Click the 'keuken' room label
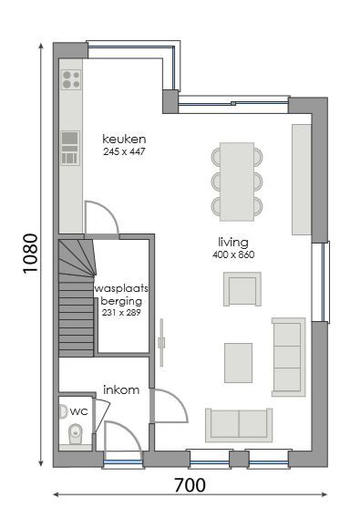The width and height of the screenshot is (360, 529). click(124, 139)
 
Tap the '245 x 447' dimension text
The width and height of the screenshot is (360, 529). click(124, 151)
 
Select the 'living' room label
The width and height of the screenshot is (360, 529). click(233, 242)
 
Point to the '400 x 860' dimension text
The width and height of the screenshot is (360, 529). click(233, 254)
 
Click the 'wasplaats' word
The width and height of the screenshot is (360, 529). click(121, 288)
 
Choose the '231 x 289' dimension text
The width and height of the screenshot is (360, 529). click(121, 313)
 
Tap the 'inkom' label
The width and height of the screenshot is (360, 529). click(121, 389)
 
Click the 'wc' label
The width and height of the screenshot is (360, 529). click(79, 411)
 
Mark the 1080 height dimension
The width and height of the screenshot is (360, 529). click(29, 257)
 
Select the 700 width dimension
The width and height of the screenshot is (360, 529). click(189, 485)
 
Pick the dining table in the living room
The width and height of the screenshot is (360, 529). click(237, 181)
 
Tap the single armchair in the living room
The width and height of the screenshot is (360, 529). click(242, 289)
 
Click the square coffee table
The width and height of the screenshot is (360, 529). click(239, 362)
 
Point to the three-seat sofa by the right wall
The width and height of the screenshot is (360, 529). click(288, 357)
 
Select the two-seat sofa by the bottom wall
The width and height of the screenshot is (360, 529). click(238, 424)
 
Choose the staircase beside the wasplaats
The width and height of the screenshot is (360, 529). click(77, 296)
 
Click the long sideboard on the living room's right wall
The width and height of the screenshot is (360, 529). click(301, 179)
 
